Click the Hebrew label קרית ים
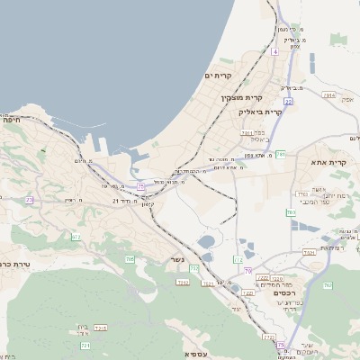click(218, 76)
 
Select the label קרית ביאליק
click(261, 112)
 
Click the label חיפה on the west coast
click(12, 119)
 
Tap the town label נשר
click(177, 260)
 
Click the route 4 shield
click(274, 51)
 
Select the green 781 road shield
click(281, 155)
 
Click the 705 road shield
click(130, 259)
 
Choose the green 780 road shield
click(291, 213)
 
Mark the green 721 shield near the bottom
click(86, 346)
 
